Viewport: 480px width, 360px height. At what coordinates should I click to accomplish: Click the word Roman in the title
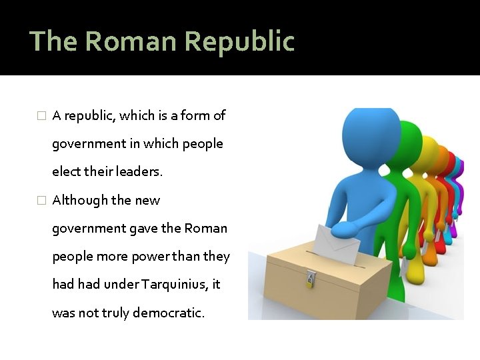coord(131,41)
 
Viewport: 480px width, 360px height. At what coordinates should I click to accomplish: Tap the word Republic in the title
coord(239,41)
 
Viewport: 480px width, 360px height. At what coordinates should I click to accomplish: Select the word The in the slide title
coord(54,41)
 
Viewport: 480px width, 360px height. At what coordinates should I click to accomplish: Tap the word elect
coord(65,172)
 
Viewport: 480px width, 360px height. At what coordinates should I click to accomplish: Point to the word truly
coord(115,313)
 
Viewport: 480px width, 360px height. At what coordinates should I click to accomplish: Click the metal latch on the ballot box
coord(311,278)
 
